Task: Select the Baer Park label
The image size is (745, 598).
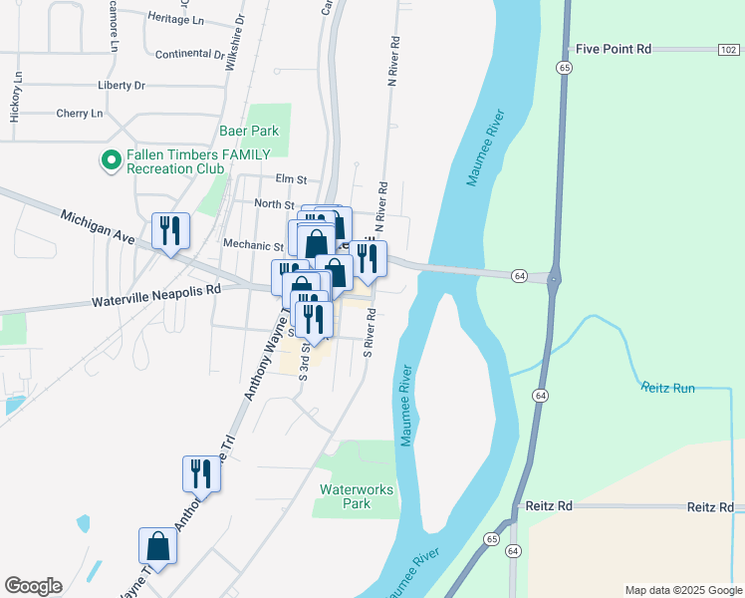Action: (x=249, y=131)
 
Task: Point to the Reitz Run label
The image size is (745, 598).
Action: (x=667, y=387)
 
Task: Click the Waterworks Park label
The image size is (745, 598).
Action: (x=357, y=496)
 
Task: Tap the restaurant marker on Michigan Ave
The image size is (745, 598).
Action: (x=169, y=231)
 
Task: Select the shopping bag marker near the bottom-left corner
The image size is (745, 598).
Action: (x=157, y=545)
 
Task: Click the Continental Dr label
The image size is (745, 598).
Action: (x=190, y=53)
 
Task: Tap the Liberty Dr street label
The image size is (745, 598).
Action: (x=122, y=86)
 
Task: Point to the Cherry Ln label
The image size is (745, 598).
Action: (x=80, y=114)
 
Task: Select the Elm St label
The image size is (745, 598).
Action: (x=291, y=179)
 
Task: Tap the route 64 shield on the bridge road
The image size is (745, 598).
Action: (x=519, y=274)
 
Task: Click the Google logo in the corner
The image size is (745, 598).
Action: (x=33, y=586)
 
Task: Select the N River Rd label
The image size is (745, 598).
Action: (x=395, y=63)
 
